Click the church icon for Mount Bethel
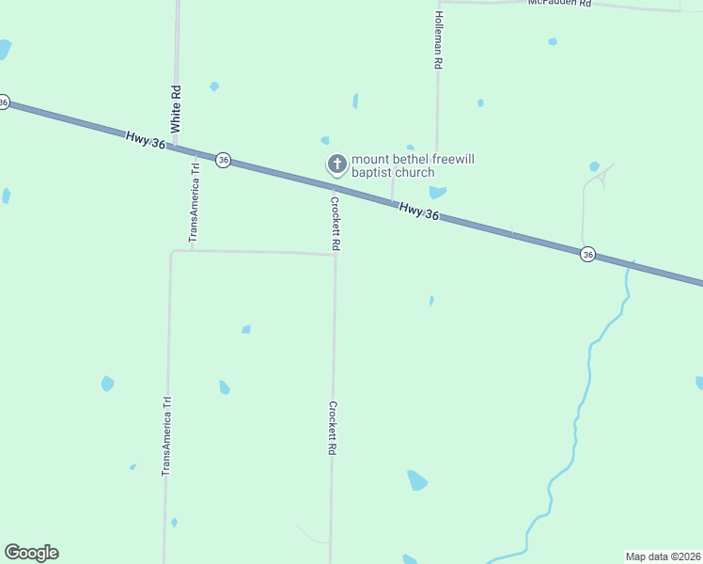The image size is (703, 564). [x=336, y=164]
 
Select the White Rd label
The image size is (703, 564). [x=175, y=107]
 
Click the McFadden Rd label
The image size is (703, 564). [x=559, y=4]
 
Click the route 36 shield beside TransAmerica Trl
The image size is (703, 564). [x=223, y=160]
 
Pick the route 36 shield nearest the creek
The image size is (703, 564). [x=587, y=255]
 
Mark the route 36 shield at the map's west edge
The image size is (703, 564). [x=4, y=102]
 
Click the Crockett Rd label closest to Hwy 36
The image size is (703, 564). [x=335, y=222]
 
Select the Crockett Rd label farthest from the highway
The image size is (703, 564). [x=332, y=429]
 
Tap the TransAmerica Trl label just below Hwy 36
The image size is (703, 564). [x=195, y=203]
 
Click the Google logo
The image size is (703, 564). [x=31, y=553]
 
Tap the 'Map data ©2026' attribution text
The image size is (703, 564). [x=664, y=556]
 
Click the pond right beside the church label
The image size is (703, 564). [x=437, y=192]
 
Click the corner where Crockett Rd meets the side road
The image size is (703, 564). [x=336, y=254]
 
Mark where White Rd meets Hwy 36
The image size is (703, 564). [x=176, y=146]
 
